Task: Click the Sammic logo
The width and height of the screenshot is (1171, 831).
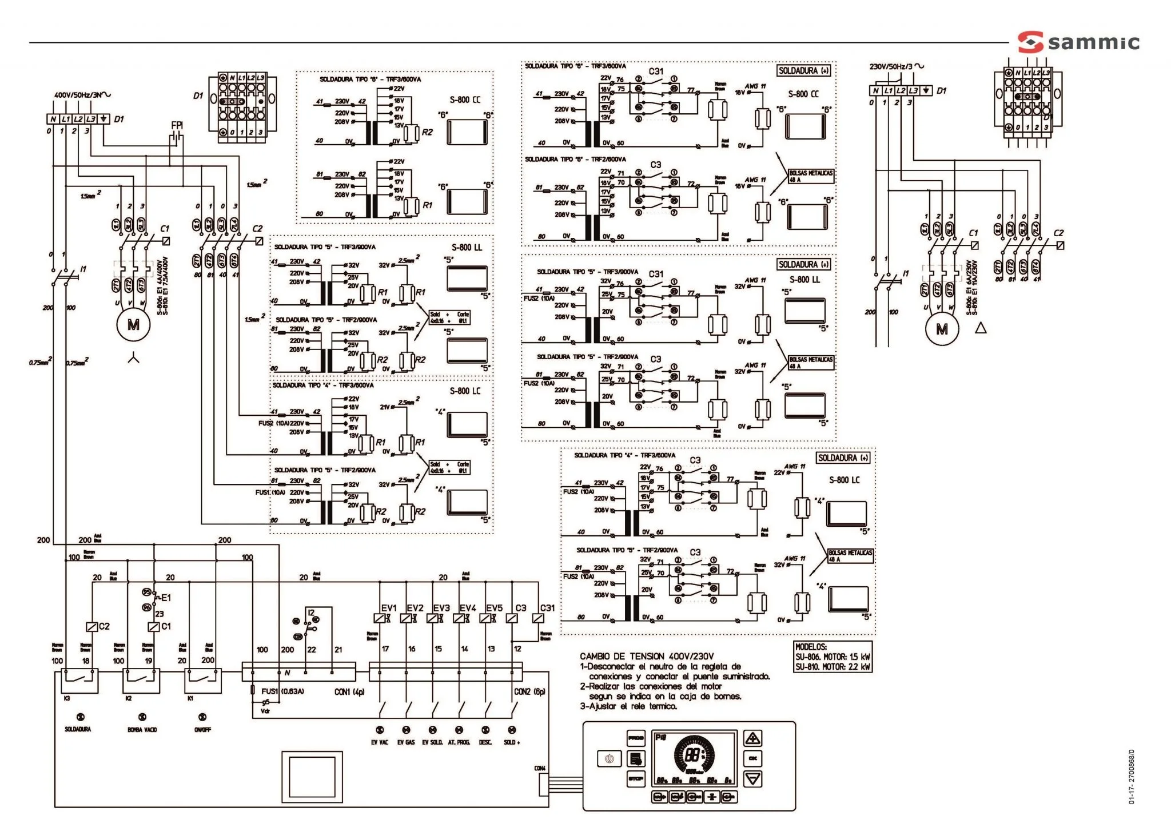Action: point(1078,42)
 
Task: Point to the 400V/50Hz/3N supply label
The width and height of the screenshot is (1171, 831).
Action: point(82,95)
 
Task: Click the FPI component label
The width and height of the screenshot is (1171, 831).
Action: point(177,125)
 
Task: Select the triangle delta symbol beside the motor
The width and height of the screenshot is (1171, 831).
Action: point(981,328)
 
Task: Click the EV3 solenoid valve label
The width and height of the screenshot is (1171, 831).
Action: point(441,608)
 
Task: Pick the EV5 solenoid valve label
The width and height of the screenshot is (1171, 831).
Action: point(494,608)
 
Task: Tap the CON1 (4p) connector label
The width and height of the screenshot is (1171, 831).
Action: point(349,692)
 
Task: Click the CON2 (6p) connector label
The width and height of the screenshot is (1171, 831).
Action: point(529,691)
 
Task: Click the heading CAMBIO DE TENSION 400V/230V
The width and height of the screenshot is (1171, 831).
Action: point(647,657)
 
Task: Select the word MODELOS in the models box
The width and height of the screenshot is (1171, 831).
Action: point(811,647)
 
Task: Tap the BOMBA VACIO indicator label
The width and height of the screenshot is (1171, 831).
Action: point(142,730)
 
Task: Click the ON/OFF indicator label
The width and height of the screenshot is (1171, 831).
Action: point(202,730)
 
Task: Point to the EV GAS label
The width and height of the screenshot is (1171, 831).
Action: point(406,742)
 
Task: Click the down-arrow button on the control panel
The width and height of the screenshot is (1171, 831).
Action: point(753,778)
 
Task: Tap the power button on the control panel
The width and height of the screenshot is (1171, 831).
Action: point(609,758)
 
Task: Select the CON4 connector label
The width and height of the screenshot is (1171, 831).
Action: point(540,769)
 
